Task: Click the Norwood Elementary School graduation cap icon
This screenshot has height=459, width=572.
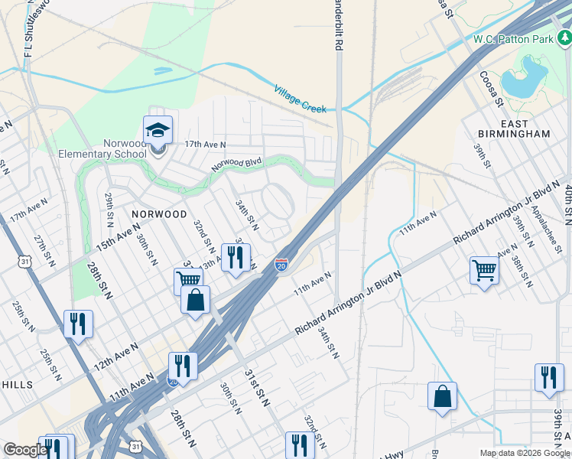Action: tap(158, 132)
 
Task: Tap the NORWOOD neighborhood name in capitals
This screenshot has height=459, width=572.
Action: tap(159, 214)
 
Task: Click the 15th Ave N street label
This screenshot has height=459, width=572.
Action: tap(119, 236)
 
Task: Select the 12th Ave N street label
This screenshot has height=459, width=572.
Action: tap(115, 357)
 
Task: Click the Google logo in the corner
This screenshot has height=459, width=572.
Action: tap(25, 450)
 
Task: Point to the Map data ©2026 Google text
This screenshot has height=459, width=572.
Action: tap(524, 452)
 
